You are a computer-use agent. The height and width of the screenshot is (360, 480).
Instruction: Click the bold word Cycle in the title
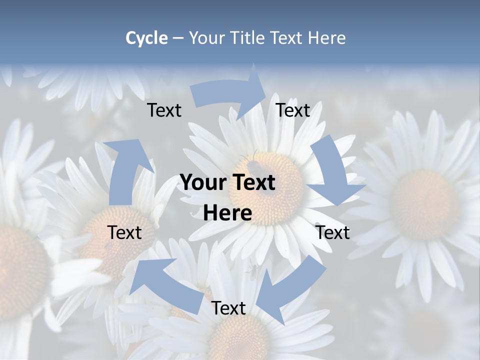(x=146, y=38)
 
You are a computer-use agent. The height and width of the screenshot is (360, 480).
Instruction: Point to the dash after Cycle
(x=178, y=38)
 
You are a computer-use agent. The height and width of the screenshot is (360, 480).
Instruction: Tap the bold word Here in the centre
(x=227, y=213)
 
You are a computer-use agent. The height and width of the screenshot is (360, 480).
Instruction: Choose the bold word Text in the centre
(x=253, y=183)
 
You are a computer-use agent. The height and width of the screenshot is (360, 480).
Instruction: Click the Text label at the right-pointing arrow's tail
(x=164, y=110)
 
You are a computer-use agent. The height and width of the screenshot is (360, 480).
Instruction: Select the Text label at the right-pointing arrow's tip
(x=293, y=110)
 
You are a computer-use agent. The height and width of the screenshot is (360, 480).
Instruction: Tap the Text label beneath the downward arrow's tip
(x=332, y=233)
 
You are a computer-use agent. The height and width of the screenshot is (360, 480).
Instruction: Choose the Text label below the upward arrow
(x=124, y=233)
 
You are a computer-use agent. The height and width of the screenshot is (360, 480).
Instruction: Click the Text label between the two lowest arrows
(x=228, y=308)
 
